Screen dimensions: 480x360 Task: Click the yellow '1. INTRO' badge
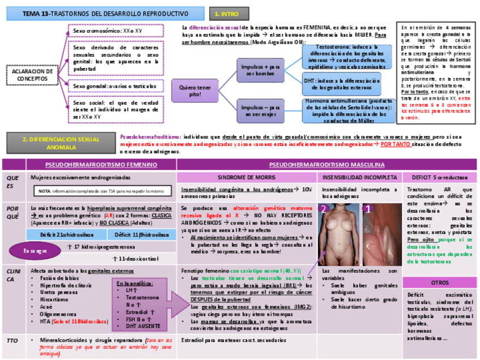click(226, 13)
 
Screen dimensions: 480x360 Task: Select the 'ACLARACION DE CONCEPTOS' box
click(32, 75)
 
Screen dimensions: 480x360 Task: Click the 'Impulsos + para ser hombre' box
click(260, 70)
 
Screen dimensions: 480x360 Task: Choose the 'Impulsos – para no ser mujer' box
click(260, 110)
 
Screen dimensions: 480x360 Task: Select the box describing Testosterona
click(347, 57)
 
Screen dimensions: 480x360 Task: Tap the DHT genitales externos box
click(347, 84)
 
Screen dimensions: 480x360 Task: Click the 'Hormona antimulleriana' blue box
click(347, 110)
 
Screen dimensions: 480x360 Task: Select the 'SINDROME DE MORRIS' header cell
click(246, 177)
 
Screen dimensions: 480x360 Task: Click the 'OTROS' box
click(440, 282)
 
